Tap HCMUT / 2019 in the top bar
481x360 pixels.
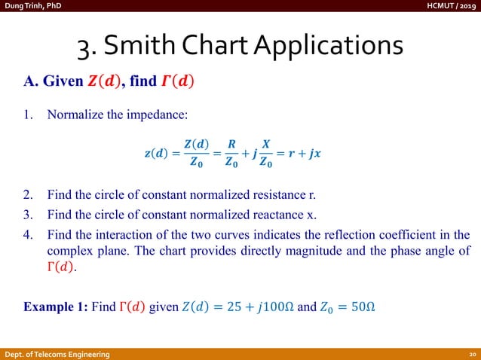pyautogui.click(x=451, y=6)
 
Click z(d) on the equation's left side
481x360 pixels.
pyautogui.click(x=157, y=154)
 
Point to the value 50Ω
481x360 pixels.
pyautogui.click(x=361, y=307)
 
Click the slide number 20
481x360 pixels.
pyautogui.click(x=470, y=354)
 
